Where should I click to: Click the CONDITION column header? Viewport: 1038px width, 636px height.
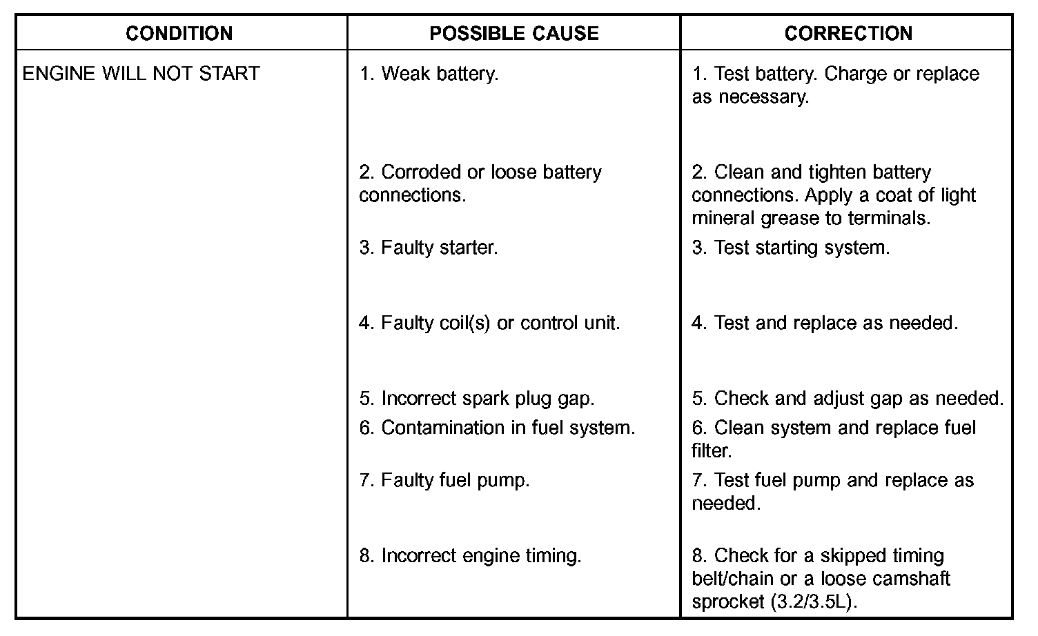point(179,33)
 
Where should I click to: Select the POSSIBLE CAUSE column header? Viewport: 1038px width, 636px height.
point(513,33)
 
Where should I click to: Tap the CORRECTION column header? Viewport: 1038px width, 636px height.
point(848,33)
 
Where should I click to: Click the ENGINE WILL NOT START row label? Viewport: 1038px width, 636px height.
point(141,73)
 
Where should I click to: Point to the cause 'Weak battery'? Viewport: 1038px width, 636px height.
point(429,73)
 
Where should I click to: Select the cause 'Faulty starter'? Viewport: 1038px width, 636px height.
point(428,247)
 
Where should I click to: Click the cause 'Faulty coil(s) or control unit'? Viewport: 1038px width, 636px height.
point(489,322)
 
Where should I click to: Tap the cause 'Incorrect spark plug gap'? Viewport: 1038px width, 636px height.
point(476,398)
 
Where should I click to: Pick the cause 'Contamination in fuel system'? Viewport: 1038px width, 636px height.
point(497,428)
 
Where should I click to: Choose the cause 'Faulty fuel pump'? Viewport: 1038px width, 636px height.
point(444,480)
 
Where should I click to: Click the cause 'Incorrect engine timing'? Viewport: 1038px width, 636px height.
point(470,555)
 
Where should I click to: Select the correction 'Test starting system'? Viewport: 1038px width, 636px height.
point(791,247)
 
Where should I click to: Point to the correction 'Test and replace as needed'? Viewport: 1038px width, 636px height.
point(825,322)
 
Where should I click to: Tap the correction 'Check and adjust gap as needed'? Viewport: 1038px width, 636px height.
point(848,398)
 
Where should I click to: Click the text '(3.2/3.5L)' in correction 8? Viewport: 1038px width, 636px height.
point(813,602)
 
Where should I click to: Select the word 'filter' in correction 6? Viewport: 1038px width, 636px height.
point(709,451)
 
